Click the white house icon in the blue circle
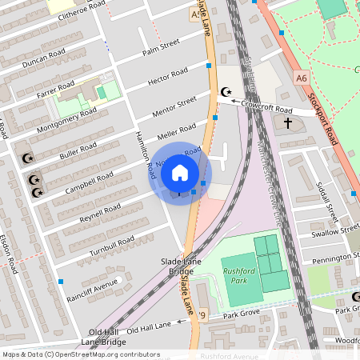tap(180, 172)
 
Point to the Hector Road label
tap(168, 78)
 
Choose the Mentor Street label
tap(176, 104)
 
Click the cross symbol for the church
tap(288, 123)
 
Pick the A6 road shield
tap(301, 78)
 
